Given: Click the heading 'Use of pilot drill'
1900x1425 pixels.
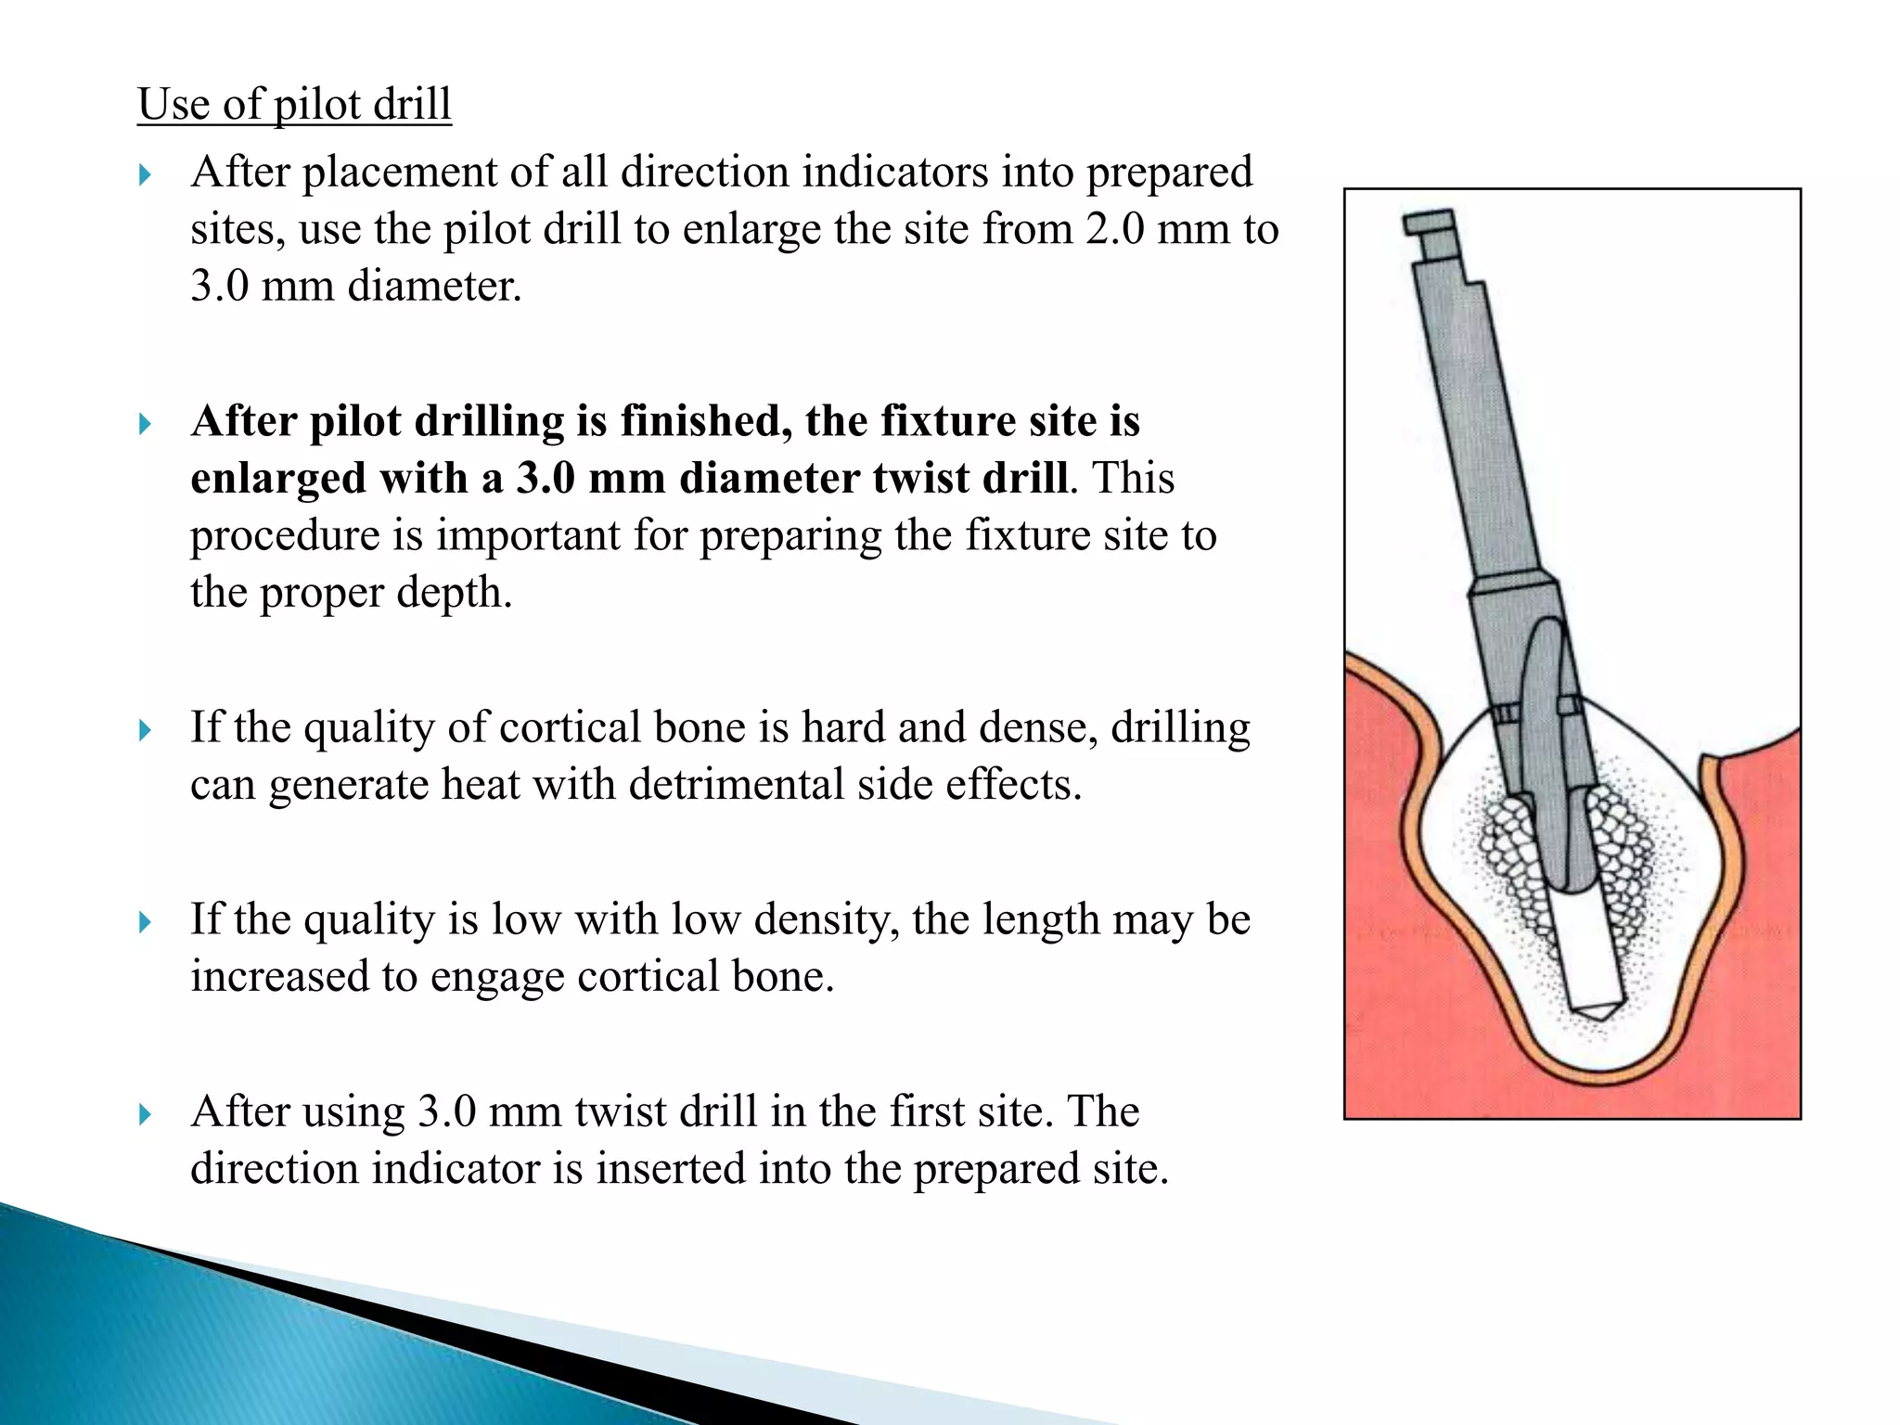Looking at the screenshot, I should [x=294, y=103].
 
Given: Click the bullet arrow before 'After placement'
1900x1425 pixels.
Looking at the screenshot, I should [x=145, y=174].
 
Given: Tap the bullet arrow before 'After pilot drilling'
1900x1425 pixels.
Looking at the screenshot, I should [x=145, y=424].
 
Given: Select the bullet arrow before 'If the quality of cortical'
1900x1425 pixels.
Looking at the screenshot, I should [x=145, y=730].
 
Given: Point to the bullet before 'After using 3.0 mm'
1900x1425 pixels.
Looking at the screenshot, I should [x=145, y=1113].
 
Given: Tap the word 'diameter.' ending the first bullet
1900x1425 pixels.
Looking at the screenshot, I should [x=434, y=286].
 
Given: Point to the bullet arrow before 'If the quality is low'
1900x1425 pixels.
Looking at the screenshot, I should [x=145, y=922].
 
